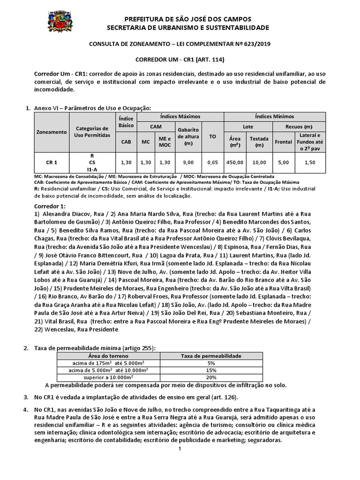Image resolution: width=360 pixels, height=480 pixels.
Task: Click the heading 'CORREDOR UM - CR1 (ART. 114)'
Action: point(180,60)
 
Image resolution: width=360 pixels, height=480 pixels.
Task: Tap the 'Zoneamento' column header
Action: point(52,132)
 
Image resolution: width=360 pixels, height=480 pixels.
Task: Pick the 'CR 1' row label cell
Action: point(52,162)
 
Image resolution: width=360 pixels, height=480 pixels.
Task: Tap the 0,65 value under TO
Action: point(212,162)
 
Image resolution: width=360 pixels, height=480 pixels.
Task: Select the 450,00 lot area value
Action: point(235,162)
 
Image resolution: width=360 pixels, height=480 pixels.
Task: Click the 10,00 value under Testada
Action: point(259,162)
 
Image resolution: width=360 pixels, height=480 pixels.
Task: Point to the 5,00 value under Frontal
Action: point(283,162)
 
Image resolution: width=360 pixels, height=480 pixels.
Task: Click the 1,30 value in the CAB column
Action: point(126,162)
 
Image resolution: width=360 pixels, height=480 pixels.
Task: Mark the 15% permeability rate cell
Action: point(210,370)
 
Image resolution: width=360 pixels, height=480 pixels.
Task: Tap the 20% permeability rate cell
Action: point(210,377)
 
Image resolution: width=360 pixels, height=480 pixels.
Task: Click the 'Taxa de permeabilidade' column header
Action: point(210,356)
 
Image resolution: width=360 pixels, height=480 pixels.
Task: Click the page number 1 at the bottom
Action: point(180,449)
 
